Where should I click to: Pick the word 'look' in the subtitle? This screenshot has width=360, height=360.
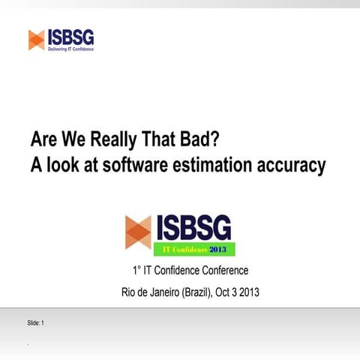click(x=62, y=165)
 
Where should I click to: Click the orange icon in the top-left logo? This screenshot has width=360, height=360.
click(x=36, y=39)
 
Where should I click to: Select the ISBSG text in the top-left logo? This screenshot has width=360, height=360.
click(x=70, y=36)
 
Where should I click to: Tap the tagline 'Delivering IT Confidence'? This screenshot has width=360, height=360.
click(x=70, y=49)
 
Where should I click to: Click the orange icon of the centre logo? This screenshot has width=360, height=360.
click(x=138, y=231)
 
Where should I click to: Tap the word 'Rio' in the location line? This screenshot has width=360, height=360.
click(x=130, y=292)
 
